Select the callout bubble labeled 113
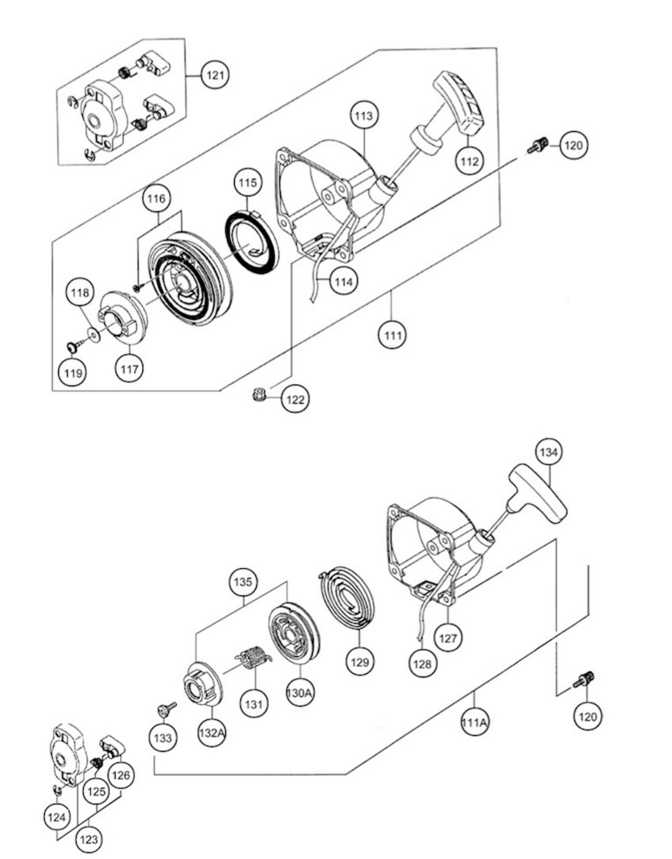364,116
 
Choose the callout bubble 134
549,452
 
